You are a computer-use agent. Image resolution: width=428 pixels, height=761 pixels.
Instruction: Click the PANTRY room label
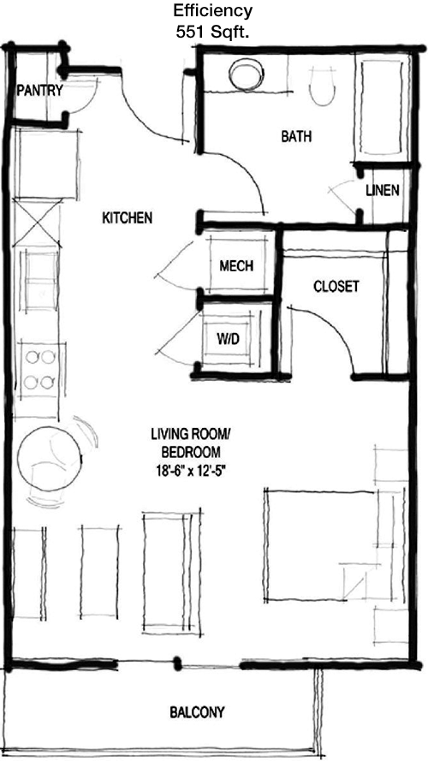[x=39, y=90]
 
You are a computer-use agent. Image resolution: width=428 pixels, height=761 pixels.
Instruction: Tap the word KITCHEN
[x=128, y=218]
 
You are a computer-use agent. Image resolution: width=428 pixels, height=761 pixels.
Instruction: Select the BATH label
[x=296, y=136]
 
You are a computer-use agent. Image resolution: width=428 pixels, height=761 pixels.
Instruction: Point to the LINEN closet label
[x=383, y=191]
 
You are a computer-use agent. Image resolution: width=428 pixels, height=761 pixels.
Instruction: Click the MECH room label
[x=236, y=266]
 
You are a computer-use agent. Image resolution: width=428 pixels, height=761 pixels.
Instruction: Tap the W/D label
[x=228, y=339]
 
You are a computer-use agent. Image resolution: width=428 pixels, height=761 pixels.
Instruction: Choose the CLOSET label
[x=336, y=287]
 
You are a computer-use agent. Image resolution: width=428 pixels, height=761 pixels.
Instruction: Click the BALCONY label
[x=198, y=712]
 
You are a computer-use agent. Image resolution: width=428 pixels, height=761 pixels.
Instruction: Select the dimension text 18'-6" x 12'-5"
[x=190, y=470]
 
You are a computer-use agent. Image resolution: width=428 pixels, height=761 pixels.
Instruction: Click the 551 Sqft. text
[x=213, y=32]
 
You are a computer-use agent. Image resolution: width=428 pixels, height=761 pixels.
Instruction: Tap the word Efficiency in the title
[x=213, y=10]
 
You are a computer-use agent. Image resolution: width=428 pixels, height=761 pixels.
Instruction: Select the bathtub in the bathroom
[x=382, y=107]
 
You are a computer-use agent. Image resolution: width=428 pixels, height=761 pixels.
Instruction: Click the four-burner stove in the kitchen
[x=39, y=370]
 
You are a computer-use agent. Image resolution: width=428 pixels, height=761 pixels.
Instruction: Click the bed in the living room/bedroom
[x=320, y=545]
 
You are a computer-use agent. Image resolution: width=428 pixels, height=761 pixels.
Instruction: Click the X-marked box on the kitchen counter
[x=38, y=223]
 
